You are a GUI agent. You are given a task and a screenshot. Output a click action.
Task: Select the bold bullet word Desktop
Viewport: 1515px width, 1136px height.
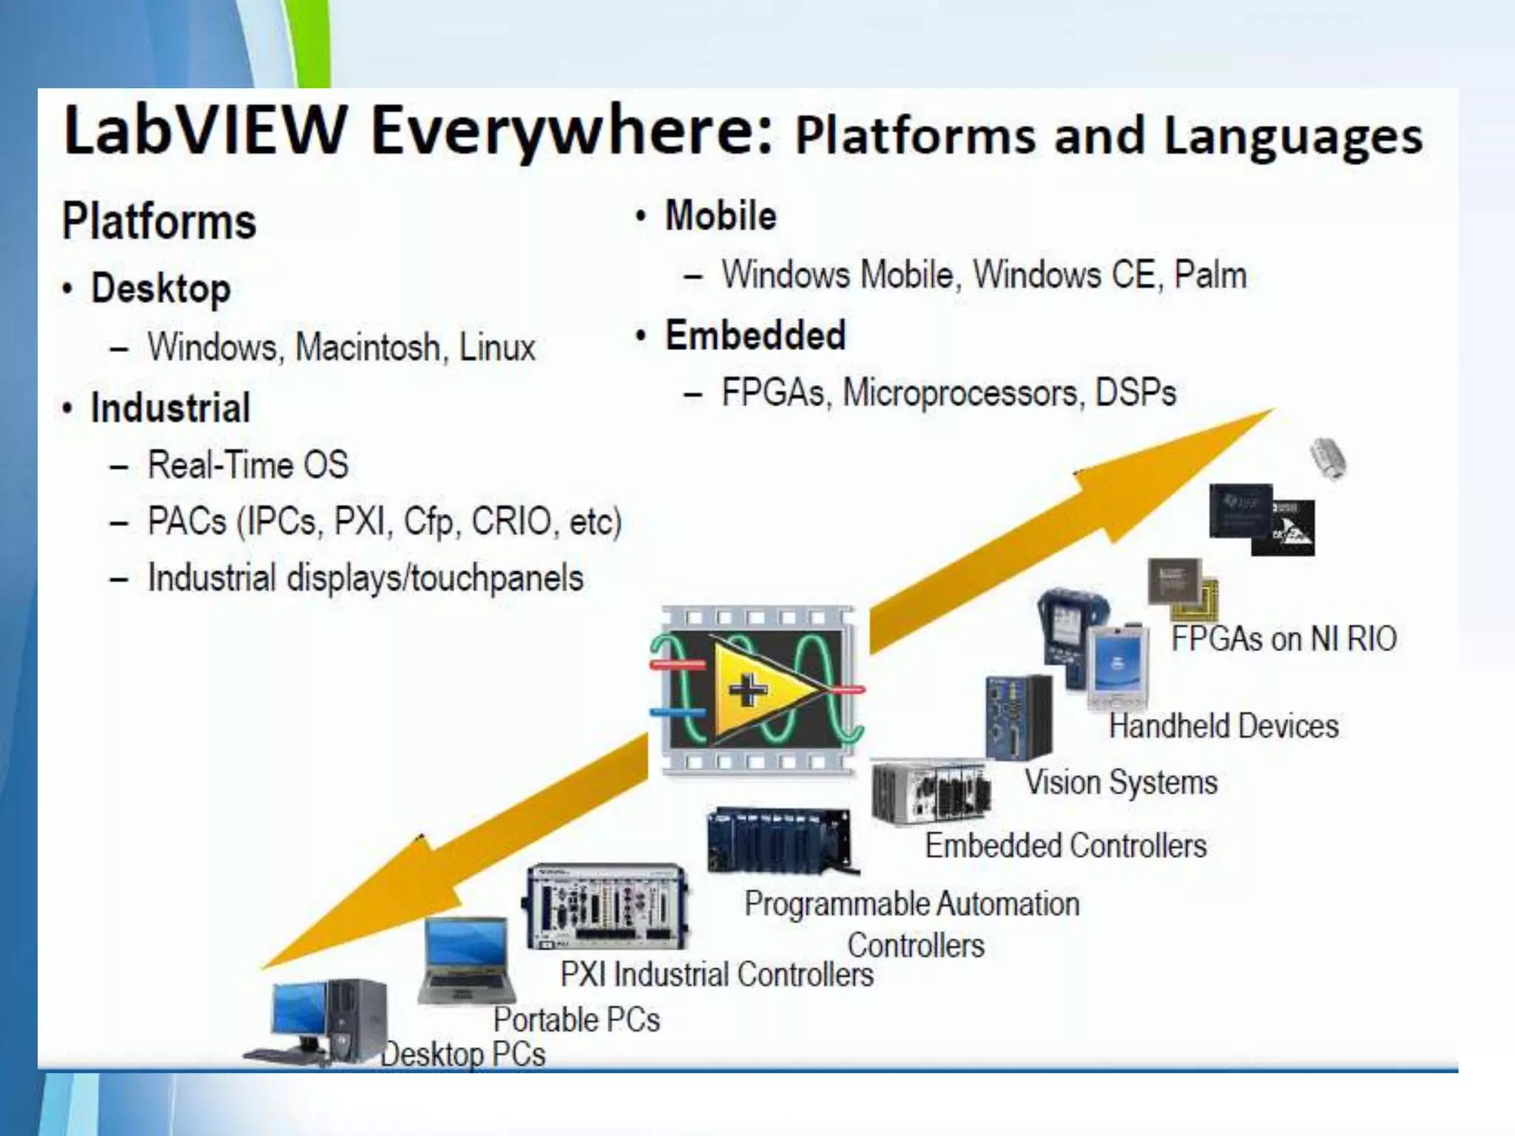161,288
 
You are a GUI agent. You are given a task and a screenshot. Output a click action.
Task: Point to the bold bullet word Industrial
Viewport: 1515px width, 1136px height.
170,408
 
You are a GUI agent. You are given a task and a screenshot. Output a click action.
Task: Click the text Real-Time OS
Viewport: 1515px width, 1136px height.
248,465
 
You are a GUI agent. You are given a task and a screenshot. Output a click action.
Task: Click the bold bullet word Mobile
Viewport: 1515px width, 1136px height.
721,216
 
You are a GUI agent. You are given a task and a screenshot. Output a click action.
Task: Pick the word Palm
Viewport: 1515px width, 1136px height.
1210,275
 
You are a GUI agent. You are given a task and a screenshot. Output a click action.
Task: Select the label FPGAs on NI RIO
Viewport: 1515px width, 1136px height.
1283,638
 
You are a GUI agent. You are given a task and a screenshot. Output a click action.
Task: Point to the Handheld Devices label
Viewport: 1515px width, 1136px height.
1224,726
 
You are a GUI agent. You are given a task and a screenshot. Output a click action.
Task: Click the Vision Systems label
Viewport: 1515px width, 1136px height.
1121,782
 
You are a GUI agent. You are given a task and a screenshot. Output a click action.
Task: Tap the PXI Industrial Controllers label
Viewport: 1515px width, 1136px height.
717,974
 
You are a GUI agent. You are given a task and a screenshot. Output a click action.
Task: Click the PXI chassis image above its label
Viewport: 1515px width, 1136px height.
607,905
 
